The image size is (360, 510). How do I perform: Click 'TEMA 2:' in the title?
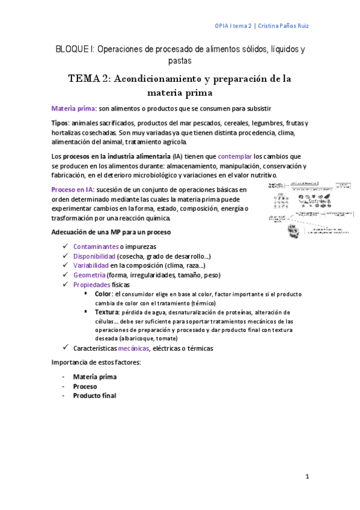89,79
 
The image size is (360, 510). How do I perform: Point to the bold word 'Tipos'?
59,123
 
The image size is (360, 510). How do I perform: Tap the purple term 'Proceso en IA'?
72,189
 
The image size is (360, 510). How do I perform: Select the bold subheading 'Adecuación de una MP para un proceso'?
112,232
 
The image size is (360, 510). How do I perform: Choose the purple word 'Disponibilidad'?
94,256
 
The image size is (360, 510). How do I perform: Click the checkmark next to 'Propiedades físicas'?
66,284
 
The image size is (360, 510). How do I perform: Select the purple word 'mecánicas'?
133,348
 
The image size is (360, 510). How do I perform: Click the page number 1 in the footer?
307,477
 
